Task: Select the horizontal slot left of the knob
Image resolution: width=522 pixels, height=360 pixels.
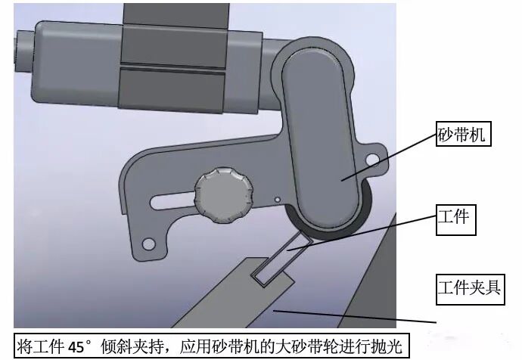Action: pos(172,202)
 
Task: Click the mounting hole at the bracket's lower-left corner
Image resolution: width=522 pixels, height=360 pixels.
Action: pos(149,244)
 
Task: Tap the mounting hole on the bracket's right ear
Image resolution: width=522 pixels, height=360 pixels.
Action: pos(370,159)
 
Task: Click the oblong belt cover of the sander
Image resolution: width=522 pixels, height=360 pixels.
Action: pos(318,144)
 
